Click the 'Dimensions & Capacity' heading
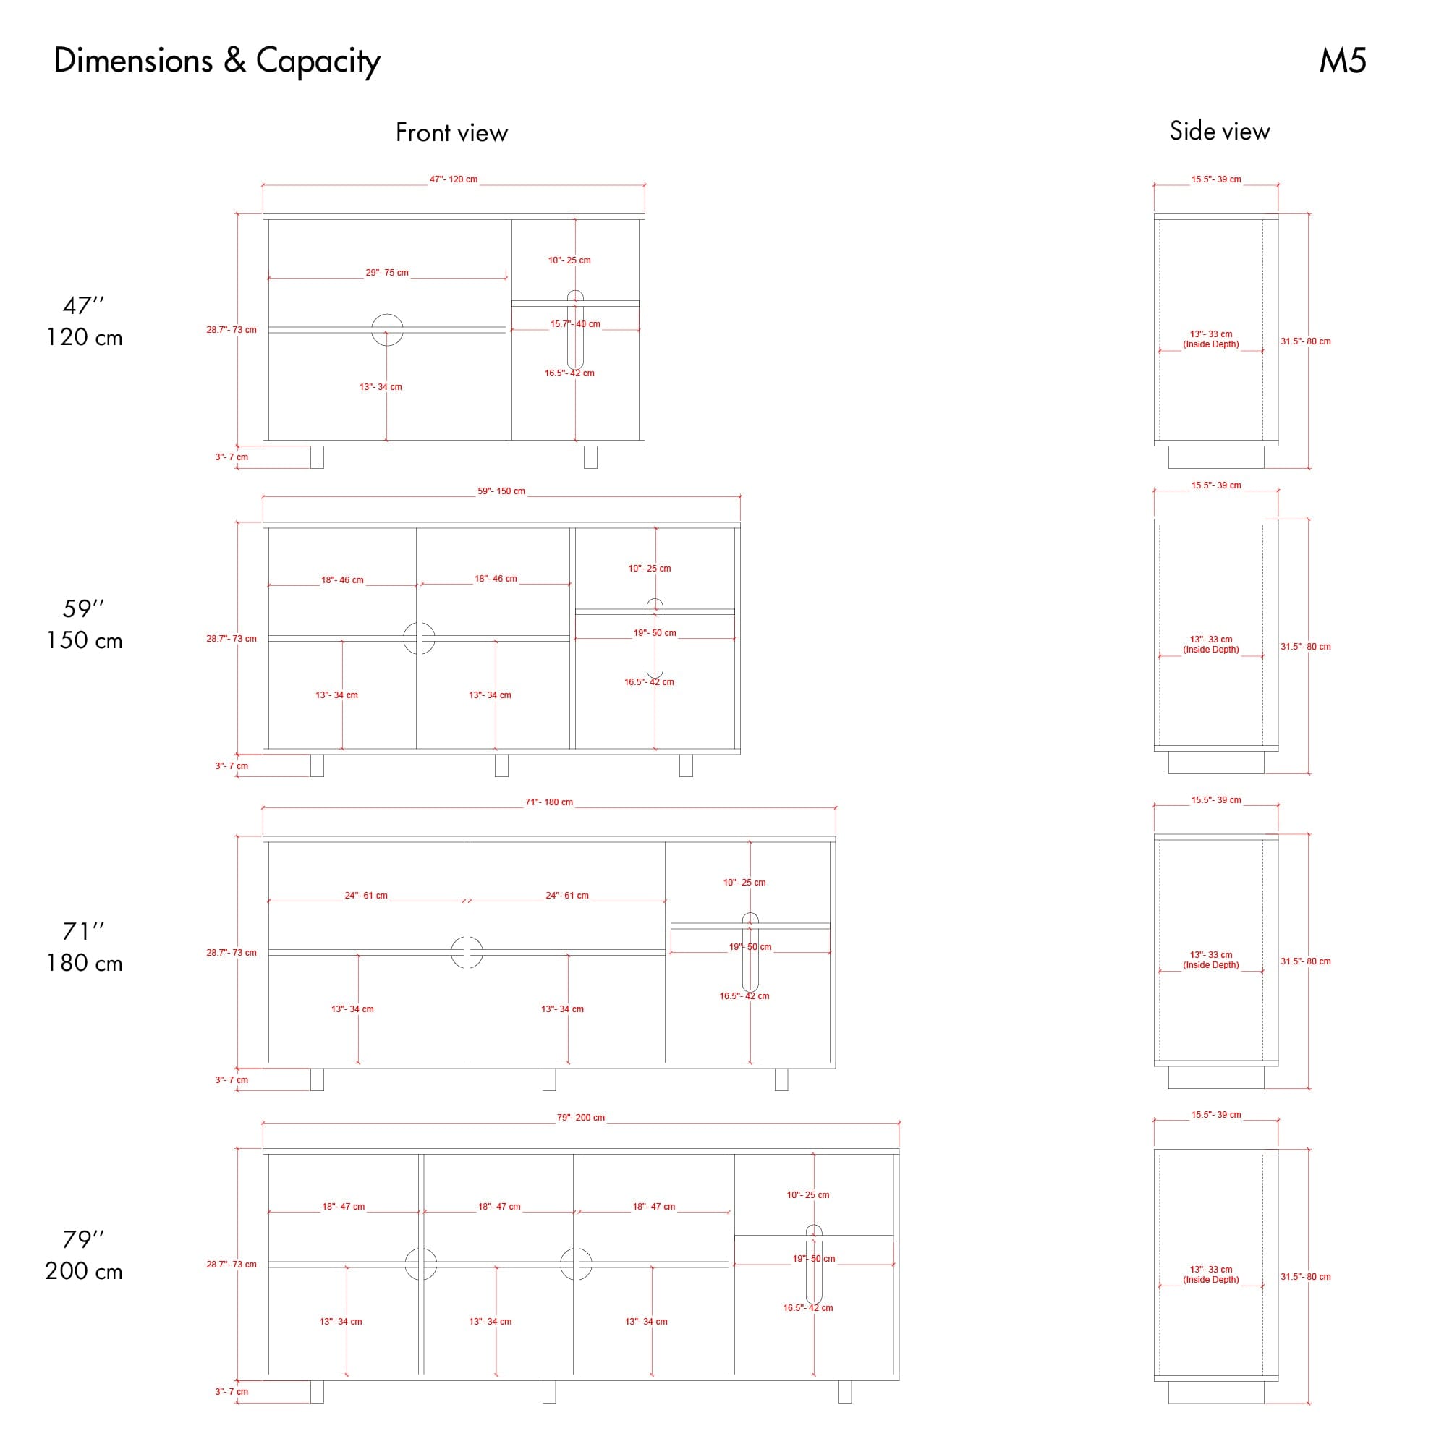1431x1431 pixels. coord(217,61)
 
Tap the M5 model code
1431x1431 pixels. coord(1342,61)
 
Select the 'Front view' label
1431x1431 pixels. coord(452,132)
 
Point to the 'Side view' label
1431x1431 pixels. coord(1219,131)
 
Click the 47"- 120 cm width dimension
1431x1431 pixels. coord(454,179)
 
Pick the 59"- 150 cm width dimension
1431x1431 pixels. coord(501,491)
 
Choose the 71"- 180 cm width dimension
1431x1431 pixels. coord(549,802)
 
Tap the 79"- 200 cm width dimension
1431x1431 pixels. coord(581,1118)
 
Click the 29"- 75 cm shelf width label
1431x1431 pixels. coord(386,273)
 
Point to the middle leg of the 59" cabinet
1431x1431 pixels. coord(501,765)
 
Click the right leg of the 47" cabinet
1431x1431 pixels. coord(590,457)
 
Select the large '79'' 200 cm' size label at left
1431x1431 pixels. coord(84,1254)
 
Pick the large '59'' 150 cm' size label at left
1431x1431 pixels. coord(84,624)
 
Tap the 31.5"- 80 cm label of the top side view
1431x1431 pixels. coord(1306,341)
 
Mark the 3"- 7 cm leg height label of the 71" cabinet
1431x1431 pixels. coord(232,1080)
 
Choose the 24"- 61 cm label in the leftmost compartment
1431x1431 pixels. coord(366,896)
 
